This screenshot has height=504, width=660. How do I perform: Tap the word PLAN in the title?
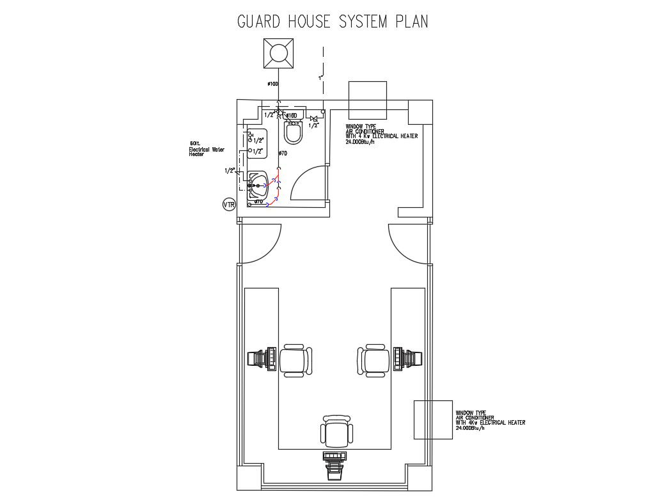(x=411, y=21)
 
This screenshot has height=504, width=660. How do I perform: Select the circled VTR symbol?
(x=229, y=205)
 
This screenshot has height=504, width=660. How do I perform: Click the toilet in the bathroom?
(x=294, y=132)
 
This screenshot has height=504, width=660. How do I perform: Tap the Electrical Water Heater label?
(x=206, y=149)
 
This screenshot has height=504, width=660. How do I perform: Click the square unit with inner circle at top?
(x=279, y=53)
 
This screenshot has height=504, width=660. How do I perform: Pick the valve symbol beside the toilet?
(x=313, y=118)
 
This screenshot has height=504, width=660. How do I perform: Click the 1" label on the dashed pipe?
(x=320, y=78)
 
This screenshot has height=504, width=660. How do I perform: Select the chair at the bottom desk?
(x=336, y=432)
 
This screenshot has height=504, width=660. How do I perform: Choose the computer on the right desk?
(x=407, y=358)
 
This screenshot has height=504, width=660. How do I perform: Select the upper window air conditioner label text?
(x=381, y=134)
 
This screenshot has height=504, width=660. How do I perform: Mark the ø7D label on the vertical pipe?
(x=283, y=154)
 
